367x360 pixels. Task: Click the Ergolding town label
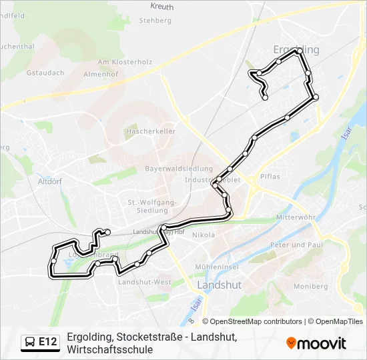click(x=296, y=49)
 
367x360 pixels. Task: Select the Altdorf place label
click(x=51, y=181)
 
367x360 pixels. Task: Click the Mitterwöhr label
click(x=296, y=218)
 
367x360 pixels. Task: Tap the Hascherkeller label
click(x=150, y=131)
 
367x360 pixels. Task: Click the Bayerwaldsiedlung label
click(x=179, y=169)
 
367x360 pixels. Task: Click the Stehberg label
click(x=155, y=21)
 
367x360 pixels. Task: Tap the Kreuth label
click(x=162, y=7)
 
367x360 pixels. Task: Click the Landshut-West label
click(x=144, y=282)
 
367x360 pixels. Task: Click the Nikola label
click(x=204, y=235)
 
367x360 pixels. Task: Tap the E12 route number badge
click(x=48, y=342)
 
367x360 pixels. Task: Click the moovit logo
click(x=316, y=343)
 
